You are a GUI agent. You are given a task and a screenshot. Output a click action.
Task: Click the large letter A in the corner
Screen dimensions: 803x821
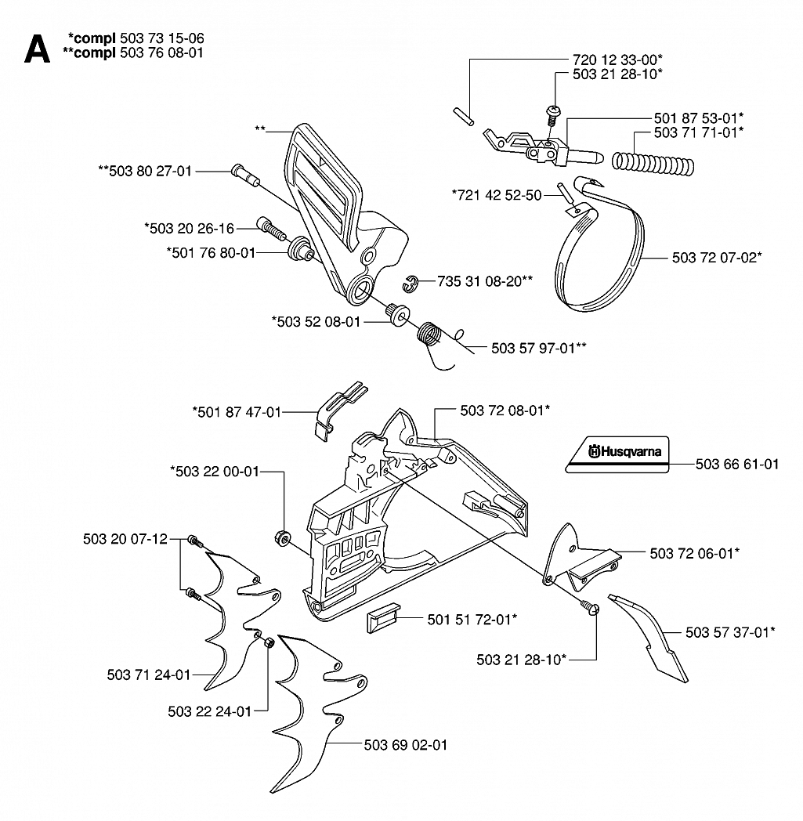(37, 49)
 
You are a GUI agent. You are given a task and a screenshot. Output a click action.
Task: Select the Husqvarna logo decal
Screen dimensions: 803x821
(617, 454)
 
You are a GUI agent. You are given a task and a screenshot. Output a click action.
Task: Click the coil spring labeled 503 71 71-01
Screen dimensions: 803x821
(653, 163)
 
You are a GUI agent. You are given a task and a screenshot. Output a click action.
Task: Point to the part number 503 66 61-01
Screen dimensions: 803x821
(737, 464)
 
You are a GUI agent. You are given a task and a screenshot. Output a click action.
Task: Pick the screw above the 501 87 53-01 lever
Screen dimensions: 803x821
(552, 114)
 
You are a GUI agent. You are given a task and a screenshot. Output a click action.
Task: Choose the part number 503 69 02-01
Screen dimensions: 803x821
(406, 744)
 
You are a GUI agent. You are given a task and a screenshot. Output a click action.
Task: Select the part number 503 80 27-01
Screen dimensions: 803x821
(150, 172)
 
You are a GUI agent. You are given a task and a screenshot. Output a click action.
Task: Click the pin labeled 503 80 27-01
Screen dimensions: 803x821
(245, 175)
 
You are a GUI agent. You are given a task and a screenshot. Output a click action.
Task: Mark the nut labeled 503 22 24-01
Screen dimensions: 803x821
(268, 643)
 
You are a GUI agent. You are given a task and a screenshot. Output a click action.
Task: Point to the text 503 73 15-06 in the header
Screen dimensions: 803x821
(161, 38)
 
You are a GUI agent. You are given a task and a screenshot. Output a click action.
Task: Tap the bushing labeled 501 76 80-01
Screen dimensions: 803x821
(301, 248)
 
